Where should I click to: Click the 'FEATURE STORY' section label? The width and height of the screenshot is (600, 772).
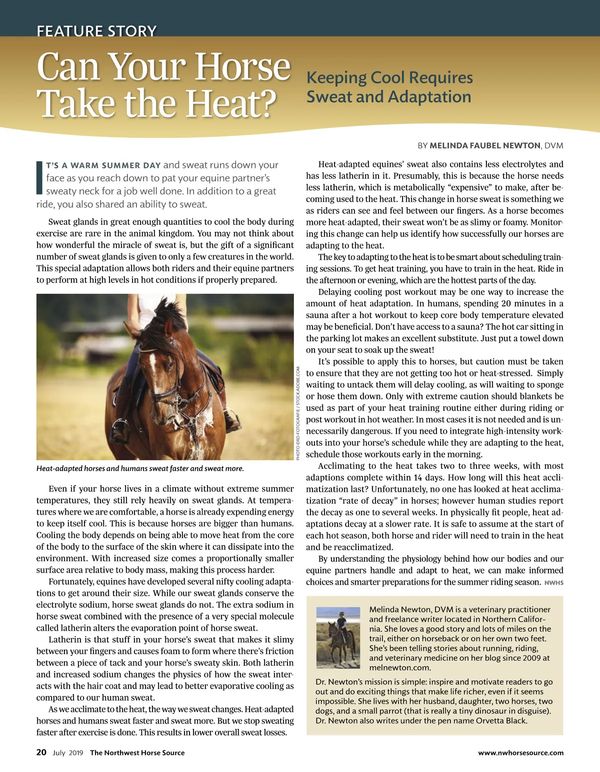(x=96, y=31)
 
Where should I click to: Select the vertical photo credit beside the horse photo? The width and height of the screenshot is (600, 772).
(x=298, y=413)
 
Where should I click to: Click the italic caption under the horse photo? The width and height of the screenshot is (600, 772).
(x=140, y=469)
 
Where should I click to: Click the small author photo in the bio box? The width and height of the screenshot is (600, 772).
(x=338, y=638)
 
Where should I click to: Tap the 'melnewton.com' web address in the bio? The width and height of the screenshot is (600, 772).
(x=400, y=668)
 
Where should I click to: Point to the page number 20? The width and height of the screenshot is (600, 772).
(x=41, y=753)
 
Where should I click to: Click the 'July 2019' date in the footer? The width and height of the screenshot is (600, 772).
(x=68, y=753)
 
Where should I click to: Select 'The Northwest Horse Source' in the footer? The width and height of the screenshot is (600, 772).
(x=137, y=753)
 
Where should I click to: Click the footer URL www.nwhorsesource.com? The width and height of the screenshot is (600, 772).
(x=520, y=753)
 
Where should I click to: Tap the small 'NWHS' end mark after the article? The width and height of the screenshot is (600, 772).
(x=554, y=583)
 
